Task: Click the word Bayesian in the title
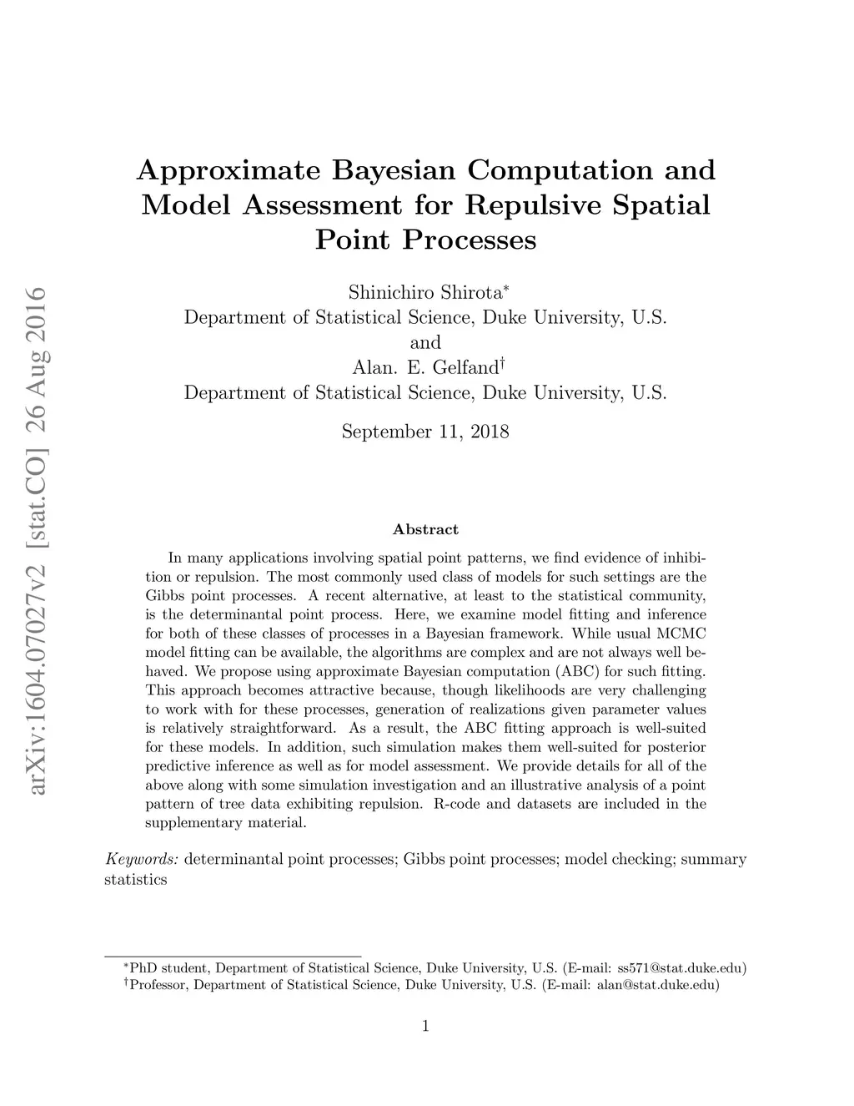(394, 170)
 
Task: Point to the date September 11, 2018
(425, 432)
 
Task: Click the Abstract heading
(425, 529)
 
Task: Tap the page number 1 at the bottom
(426, 1026)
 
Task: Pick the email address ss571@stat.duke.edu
(678, 968)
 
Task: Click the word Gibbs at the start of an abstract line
(164, 596)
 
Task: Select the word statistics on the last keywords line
(136, 880)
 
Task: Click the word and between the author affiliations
(425, 342)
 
